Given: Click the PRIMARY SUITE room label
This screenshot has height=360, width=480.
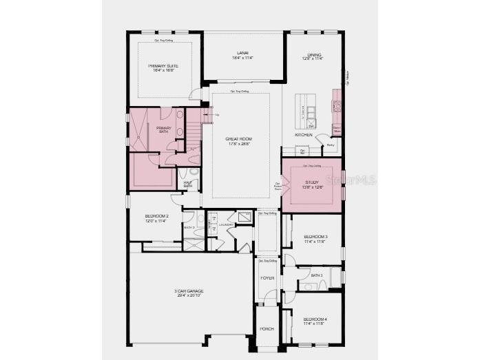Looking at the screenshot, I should (163, 66).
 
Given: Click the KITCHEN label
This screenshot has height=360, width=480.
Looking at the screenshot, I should (304, 135).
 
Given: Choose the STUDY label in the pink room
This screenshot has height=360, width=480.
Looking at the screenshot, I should (311, 182).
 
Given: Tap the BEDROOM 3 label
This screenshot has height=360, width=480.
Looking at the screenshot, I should (316, 237).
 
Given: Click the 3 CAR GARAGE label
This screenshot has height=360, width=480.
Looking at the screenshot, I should (189, 291).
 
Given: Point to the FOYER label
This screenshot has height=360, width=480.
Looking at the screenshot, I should (267, 278).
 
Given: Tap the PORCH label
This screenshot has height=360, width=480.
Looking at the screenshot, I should (267, 329).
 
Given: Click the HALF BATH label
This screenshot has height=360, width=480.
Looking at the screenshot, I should (187, 184).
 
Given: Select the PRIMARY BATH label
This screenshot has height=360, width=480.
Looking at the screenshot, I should (164, 129).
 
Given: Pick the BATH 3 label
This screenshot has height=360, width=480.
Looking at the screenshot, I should (316, 275).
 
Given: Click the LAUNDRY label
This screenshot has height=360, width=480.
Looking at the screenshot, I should (227, 224).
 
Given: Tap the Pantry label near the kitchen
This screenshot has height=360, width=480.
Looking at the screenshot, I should (330, 145).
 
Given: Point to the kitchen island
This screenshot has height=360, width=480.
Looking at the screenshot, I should (305, 109).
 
